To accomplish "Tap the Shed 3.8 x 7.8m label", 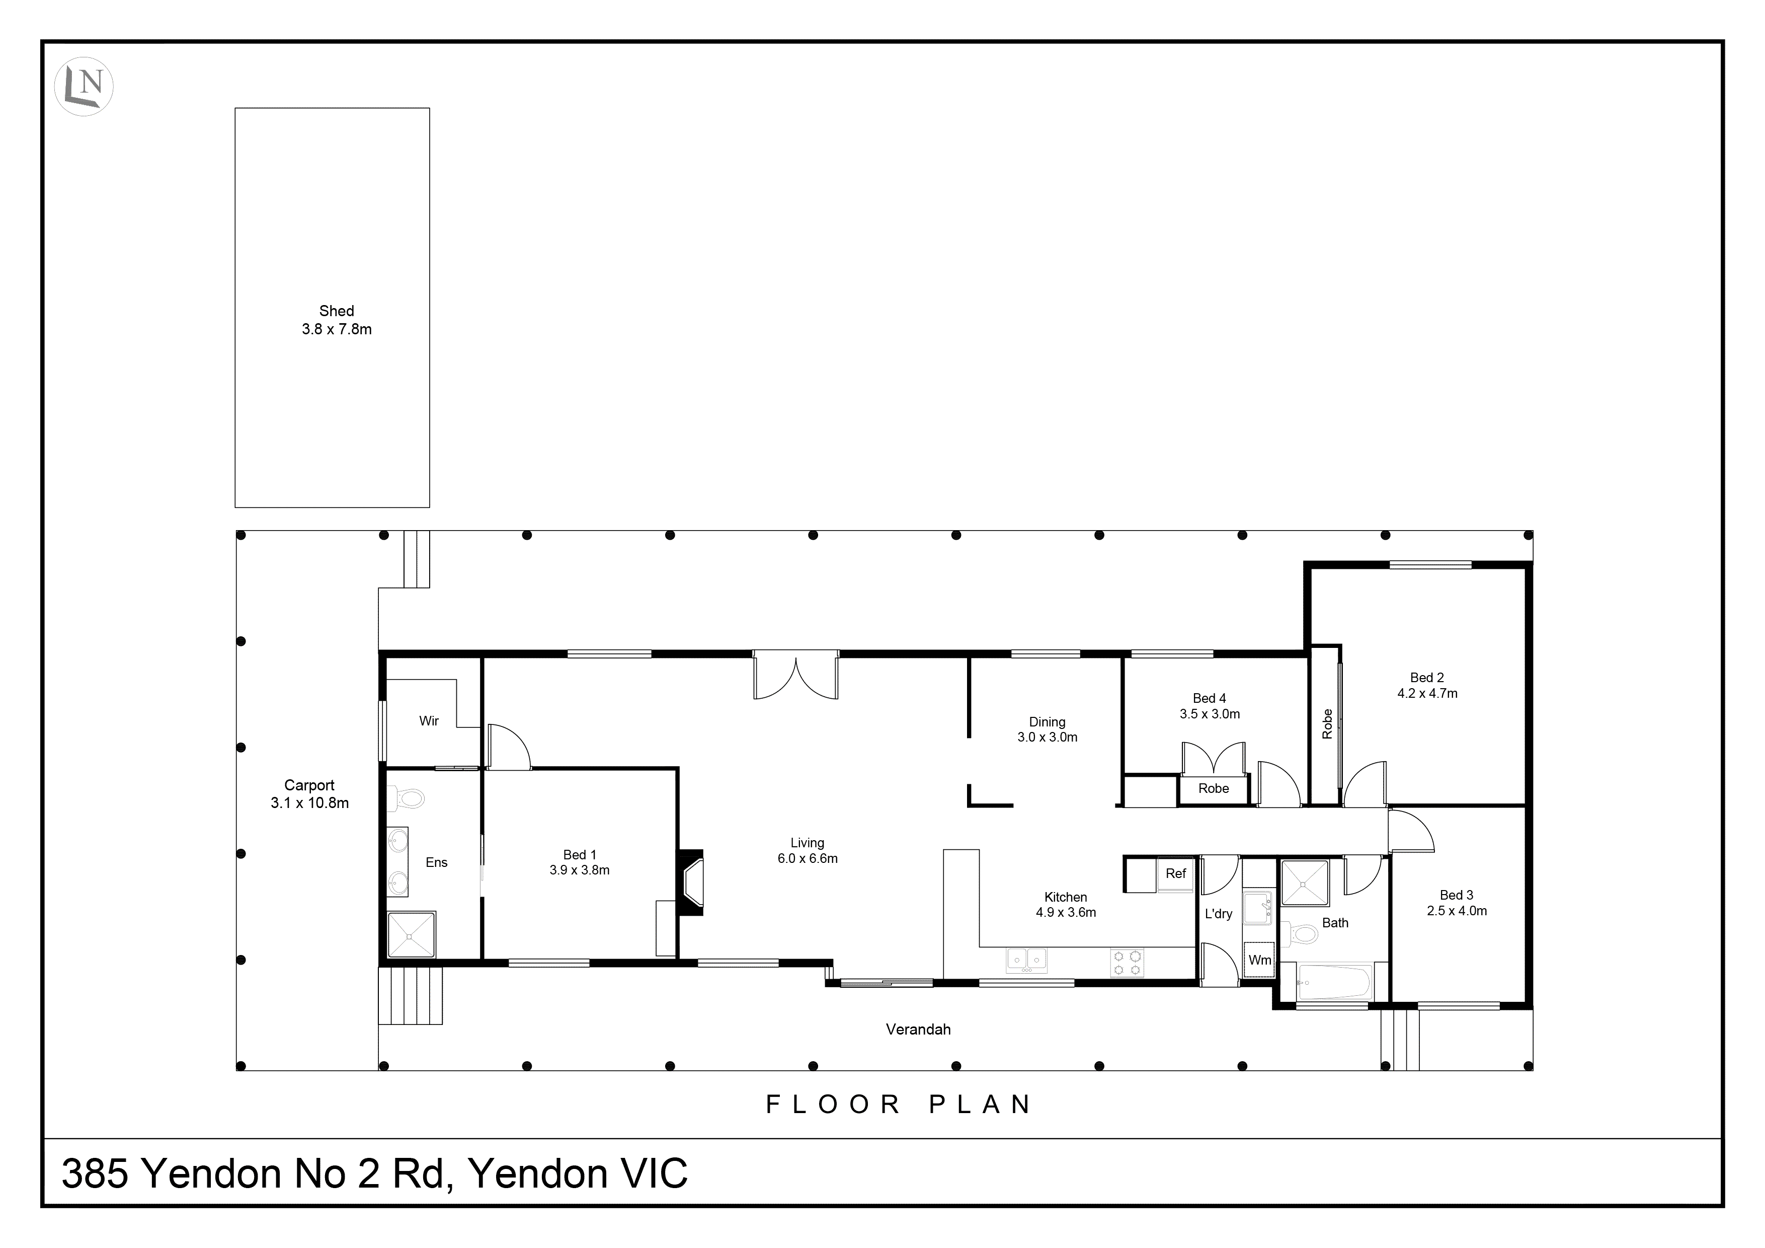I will click(x=336, y=320).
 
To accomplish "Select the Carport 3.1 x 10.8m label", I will click(x=309, y=793).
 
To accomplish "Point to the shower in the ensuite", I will click(x=411, y=934).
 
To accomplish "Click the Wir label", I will click(x=429, y=720).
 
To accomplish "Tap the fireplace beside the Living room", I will click(x=691, y=881).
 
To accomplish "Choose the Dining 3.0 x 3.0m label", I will click(x=1047, y=729).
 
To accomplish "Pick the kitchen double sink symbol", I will click(x=1027, y=960).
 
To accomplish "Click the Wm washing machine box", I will click(x=1259, y=960).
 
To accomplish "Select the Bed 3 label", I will click(x=1456, y=895).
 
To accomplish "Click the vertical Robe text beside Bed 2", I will click(x=1327, y=723).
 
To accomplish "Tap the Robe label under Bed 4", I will click(x=1213, y=788).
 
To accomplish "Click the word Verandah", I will click(x=918, y=1029).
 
